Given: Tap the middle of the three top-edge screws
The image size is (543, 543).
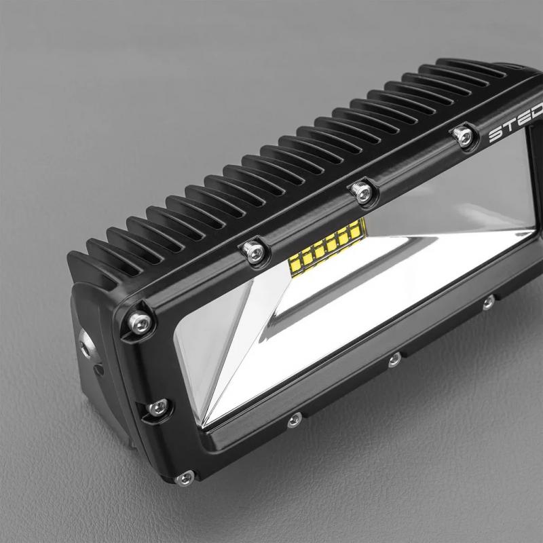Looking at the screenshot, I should [x=360, y=191].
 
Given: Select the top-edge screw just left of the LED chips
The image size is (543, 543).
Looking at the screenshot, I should [x=252, y=249].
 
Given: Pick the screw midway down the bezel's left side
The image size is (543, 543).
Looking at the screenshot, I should [x=157, y=407].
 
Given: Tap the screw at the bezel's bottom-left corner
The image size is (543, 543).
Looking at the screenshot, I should [x=183, y=479].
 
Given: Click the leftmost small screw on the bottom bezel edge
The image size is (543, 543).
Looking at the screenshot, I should [x=293, y=420].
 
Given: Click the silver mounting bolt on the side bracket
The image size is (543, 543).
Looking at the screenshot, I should [x=86, y=343].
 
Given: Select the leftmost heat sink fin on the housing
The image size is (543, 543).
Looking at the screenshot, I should [x=81, y=265].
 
